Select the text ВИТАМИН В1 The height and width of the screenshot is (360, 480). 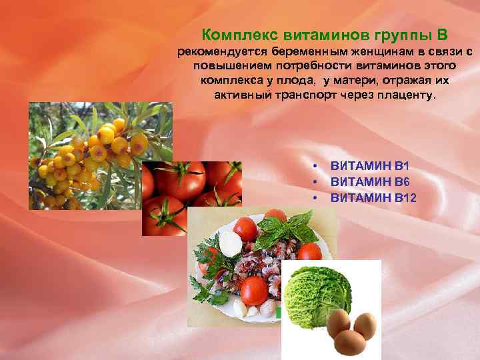(x=369, y=165)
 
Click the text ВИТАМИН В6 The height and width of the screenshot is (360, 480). (x=369, y=181)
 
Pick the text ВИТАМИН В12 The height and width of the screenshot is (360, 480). (x=372, y=197)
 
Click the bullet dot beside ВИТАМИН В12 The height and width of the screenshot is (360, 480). (x=313, y=197)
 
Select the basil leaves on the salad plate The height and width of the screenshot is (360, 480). (x=287, y=231)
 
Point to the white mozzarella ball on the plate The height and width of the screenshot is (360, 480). (x=230, y=243)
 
